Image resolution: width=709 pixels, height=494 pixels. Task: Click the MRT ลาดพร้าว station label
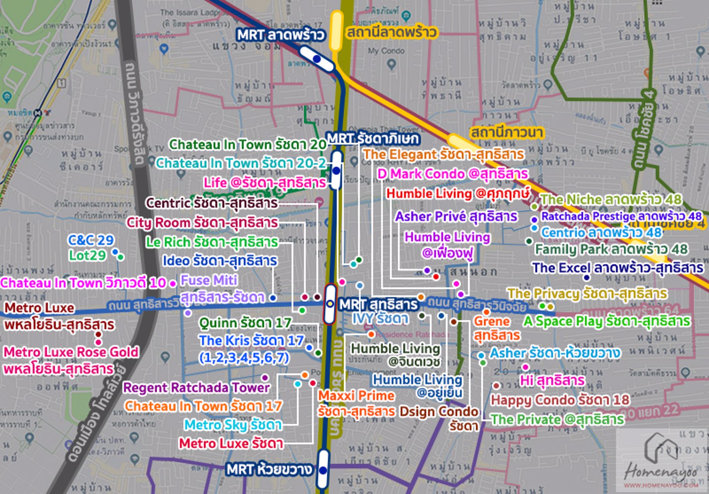pos(280,35)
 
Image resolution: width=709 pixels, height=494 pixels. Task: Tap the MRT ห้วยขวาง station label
pos(269,470)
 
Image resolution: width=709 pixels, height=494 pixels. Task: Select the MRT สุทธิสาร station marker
pos(330,304)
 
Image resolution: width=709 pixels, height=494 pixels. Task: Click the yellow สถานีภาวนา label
pos(506,133)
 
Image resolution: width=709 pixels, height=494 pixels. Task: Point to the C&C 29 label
pos(91,240)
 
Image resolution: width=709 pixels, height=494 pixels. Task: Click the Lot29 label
pos(87,255)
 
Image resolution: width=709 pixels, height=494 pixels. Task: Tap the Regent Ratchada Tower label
pos(196,387)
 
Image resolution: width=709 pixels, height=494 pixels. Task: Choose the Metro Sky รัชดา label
pos(233,425)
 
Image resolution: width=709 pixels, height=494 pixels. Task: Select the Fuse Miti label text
pos(209,280)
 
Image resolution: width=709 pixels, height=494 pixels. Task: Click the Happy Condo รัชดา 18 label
pos(560,400)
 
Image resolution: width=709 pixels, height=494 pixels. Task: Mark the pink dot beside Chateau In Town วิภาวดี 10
pos(173,284)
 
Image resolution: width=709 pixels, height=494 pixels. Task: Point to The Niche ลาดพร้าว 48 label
pos(611,200)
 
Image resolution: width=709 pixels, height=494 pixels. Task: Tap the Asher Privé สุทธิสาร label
pos(456,217)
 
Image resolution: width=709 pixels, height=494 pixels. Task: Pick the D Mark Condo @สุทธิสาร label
pos(452,174)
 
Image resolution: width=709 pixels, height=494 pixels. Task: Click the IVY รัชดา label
pos(380,318)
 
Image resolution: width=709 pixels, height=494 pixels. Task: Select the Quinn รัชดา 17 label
pos(245,323)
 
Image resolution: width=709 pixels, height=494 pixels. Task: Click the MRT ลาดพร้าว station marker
pos(317,59)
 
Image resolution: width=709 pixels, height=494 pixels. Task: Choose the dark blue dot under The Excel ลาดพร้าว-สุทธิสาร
pos(587,277)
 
